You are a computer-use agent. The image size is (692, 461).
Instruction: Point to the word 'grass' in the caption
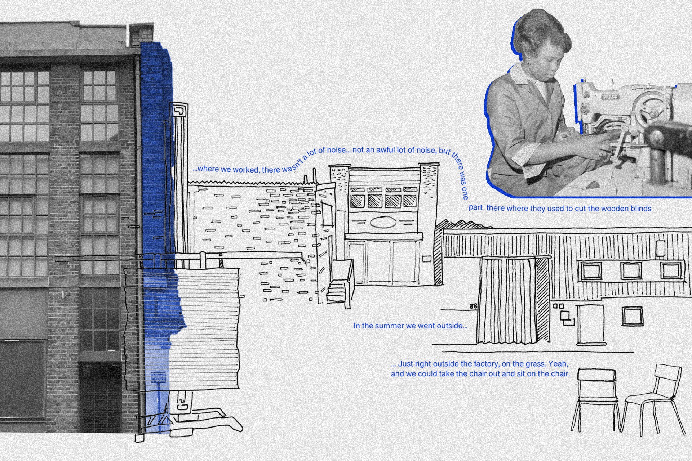[533, 364]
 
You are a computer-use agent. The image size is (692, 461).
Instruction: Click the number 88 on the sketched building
[473, 306]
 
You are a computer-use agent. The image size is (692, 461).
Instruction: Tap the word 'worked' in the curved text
[246, 169]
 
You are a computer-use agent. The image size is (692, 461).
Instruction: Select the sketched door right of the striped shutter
[590, 323]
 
